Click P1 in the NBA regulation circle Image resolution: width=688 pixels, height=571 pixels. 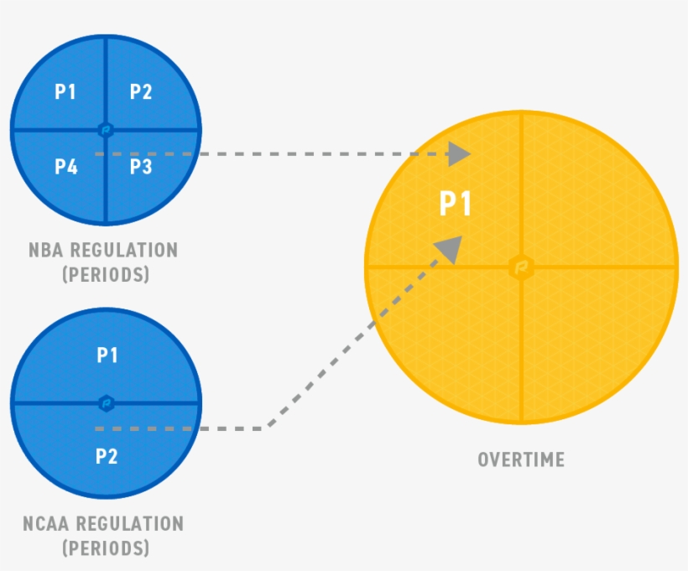[x=65, y=92]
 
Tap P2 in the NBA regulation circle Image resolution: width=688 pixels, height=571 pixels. [x=141, y=92]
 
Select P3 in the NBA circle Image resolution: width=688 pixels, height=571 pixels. [x=141, y=167]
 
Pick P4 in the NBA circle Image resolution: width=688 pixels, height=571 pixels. [x=66, y=167]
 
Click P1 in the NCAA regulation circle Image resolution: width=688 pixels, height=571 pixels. [x=107, y=356]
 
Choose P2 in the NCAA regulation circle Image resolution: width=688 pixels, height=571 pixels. [x=107, y=457]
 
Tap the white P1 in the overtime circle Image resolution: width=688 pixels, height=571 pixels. [x=456, y=205]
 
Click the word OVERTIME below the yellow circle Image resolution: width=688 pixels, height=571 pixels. [x=521, y=459]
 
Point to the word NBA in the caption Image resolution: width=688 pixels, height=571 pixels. [x=45, y=250]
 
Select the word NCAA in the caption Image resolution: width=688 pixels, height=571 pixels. [x=47, y=524]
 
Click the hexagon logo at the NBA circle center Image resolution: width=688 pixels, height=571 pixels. [x=106, y=130]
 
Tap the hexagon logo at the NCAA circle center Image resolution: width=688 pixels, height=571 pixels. [x=106, y=403]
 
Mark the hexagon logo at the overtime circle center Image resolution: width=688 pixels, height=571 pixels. [x=521, y=267]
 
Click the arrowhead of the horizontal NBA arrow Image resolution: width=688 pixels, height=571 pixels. [x=458, y=154]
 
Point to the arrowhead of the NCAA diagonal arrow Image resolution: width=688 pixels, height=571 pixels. [x=451, y=248]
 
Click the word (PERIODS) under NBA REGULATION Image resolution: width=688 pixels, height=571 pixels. [x=106, y=275]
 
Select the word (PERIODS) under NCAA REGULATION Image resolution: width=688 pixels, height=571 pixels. [x=106, y=549]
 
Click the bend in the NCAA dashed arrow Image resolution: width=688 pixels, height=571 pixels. [x=267, y=428]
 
